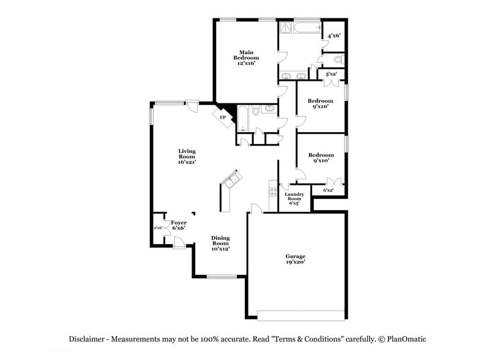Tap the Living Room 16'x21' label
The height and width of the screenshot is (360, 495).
tap(187, 157)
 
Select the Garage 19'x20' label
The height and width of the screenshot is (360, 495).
tap(296, 259)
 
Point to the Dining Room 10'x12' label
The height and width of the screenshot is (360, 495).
tap(220, 244)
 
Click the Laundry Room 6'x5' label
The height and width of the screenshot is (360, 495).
tap(295, 198)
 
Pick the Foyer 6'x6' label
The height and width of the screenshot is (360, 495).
tap(179, 225)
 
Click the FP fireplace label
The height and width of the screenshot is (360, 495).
tap(223, 117)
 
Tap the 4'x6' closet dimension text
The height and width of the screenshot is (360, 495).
tap(333, 36)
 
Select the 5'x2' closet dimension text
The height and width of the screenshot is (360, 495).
tap(331, 74)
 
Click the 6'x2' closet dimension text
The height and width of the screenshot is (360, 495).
tap(329, 190)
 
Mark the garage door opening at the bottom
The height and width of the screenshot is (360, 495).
tap(301, 315)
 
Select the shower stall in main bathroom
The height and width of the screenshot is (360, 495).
tap(286, 28)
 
